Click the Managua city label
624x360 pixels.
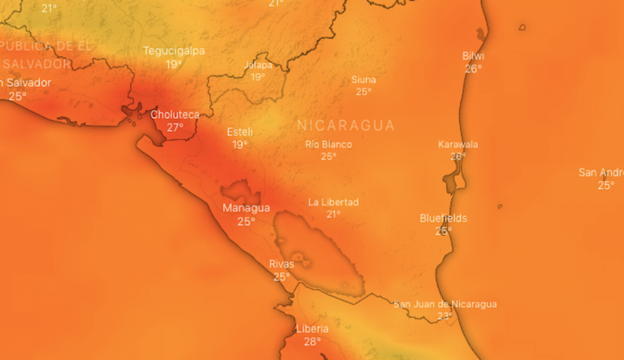[x=246, y=208]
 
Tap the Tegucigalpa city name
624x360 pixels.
[x=174, y=50]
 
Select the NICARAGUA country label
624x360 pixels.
[x=345, y=126]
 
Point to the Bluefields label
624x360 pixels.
[x=443, y=218]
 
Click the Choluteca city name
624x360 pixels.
[x=175, y=115]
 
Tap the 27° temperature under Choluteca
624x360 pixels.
[x=175, y=128]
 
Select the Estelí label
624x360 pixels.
[x=240, y=132]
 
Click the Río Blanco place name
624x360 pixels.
[x=328, y=144]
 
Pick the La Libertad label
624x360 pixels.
[x=333, y=202]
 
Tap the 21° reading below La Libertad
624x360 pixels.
[x=333, y=215]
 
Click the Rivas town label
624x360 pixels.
[x=281, y=264]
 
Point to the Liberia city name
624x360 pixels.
[x=312, y=328]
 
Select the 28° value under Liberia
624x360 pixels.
[x=312, y=341]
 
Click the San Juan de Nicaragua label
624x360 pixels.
[x=444, y=304]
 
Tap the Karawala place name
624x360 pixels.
[x=458, y=144]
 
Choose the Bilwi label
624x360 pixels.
[x=473, y=56]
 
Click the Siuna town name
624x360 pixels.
[x=363, y=79]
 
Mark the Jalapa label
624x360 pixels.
[x=258, y=65]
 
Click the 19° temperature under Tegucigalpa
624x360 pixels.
[x=174, y=64]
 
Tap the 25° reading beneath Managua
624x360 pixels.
[x=246, y=221]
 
